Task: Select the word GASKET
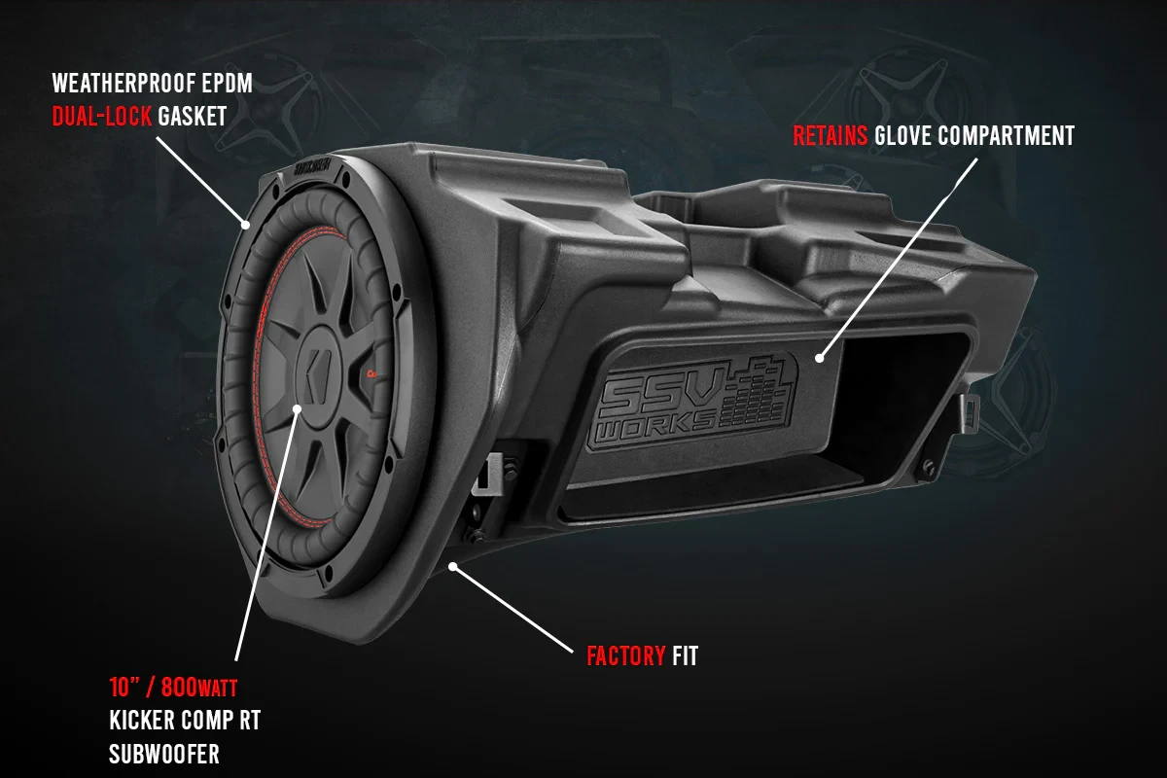coord(193,117)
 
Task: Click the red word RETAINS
coord(831,135)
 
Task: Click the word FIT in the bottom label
coord(685,656)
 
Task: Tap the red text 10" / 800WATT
coord(173,689)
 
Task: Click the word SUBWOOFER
coord(163,754)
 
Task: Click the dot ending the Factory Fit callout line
coord(452,564)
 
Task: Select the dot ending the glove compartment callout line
coord(822,357)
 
